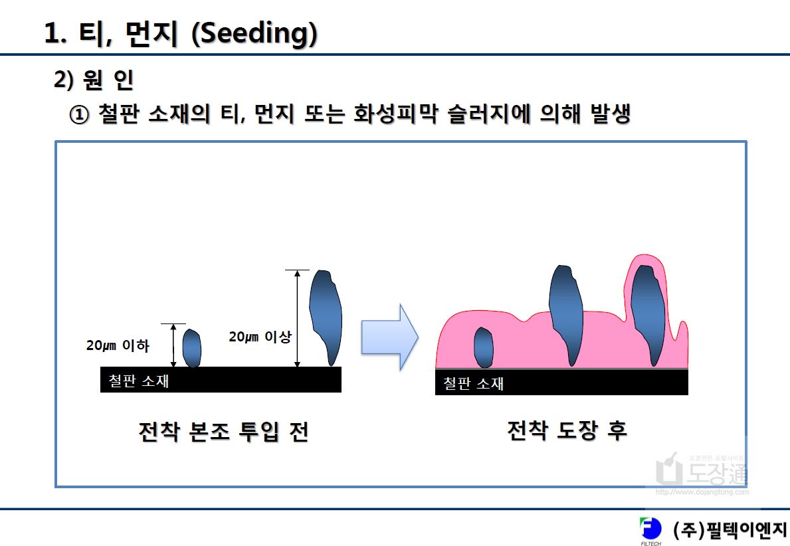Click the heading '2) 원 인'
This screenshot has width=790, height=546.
(94, 80)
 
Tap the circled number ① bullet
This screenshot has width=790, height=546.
(78, 115)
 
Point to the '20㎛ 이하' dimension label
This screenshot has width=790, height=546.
(118, 345)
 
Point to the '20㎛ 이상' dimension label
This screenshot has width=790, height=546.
(260, 337)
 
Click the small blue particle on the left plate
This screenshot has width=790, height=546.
(191, 348)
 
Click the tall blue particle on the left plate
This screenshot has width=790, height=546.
(326, 318)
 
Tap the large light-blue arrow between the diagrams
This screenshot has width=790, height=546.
(389, 337)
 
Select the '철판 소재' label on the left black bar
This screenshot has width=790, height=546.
(139, 381)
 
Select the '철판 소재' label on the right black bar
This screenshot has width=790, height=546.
(473, 383)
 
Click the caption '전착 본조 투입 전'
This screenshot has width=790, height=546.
(223, 432)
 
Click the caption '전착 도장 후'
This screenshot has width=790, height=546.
(567, 430)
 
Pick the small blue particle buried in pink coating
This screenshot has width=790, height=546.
(483, 347)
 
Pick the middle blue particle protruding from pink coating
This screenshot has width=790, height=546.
(566, 316)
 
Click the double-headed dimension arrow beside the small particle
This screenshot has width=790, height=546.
(173, 345)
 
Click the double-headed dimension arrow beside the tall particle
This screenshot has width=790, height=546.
(297, 318)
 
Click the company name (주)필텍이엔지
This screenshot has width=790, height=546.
(730, 530)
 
